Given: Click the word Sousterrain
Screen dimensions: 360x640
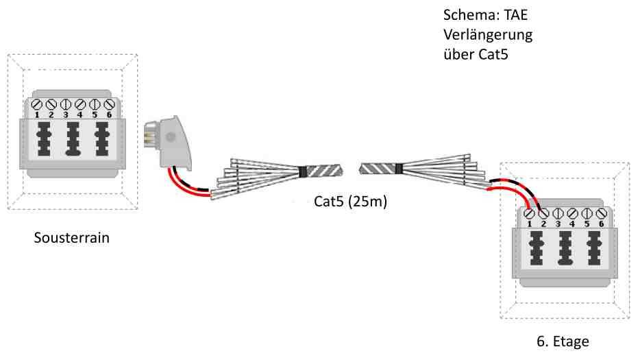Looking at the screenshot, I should tap(72, 240).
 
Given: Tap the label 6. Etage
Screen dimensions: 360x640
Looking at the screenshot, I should tap(561, 341).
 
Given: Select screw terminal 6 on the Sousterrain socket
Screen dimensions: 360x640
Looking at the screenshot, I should tap(108, 105).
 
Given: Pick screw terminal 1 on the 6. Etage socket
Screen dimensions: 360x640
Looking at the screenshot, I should tap(530, 214).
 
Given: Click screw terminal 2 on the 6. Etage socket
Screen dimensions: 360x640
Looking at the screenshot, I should tap(544, 214).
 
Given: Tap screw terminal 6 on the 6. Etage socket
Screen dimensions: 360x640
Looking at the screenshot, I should tap(600, 214).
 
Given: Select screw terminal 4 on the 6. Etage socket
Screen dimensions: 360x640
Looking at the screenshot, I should tap(572, 214).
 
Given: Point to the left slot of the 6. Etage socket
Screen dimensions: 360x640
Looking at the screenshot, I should tap(537, 250).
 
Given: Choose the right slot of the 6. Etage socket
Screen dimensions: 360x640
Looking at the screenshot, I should tap(594, 250).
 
